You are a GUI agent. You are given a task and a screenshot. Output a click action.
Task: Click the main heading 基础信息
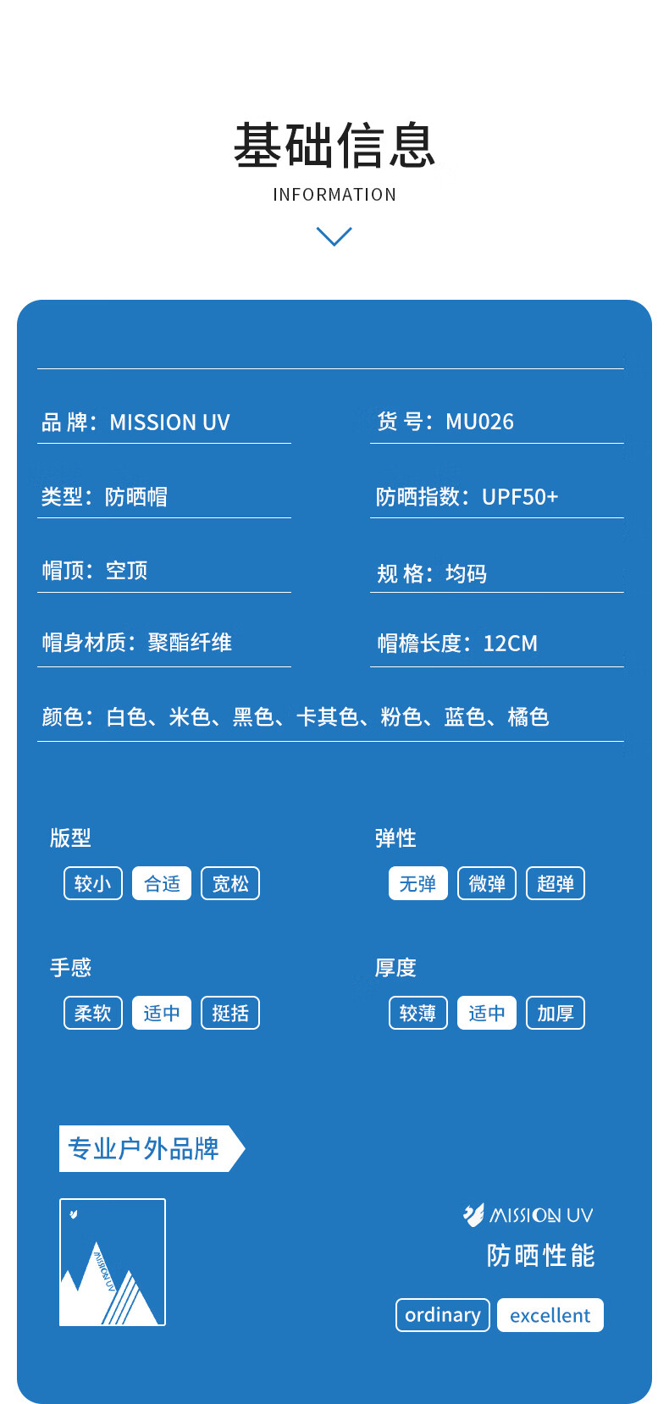[x=334, y=146]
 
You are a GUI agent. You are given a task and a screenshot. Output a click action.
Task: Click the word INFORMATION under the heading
[x=334, y=195]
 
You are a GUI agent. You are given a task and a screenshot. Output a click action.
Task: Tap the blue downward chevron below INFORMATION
[x=334, y=236]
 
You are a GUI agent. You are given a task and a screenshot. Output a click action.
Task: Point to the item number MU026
[x=479, y=422]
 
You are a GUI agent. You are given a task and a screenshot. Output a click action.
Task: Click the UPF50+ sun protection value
[x=520, y=496]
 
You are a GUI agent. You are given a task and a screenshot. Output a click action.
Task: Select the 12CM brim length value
[x=510, y=644]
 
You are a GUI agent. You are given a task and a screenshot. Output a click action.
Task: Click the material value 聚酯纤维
[x=190, y=643]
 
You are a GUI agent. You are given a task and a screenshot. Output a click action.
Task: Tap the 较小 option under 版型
[x=93, y=883]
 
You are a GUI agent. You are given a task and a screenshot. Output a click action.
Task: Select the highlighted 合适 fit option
[x=162, y=883]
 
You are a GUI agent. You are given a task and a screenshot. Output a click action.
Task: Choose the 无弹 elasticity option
[x=418, y=883]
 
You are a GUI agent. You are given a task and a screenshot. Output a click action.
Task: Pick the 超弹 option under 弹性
[x=556, y=883]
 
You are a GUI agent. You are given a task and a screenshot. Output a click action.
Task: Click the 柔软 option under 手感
[x=93, y=1013]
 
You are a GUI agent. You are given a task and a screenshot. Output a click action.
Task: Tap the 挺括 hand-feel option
[x=230, y=1013]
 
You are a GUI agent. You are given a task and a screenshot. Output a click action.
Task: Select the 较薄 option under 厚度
[x=418, y=1013]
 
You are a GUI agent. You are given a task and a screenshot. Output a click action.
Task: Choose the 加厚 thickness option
[x=556, y=1013]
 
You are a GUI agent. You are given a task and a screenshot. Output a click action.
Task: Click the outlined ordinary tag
[x=443, y=1315]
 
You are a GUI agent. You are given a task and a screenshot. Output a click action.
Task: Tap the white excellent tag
[x=550, y=1315]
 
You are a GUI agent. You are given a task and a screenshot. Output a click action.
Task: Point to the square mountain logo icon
[x=113, y=1262]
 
